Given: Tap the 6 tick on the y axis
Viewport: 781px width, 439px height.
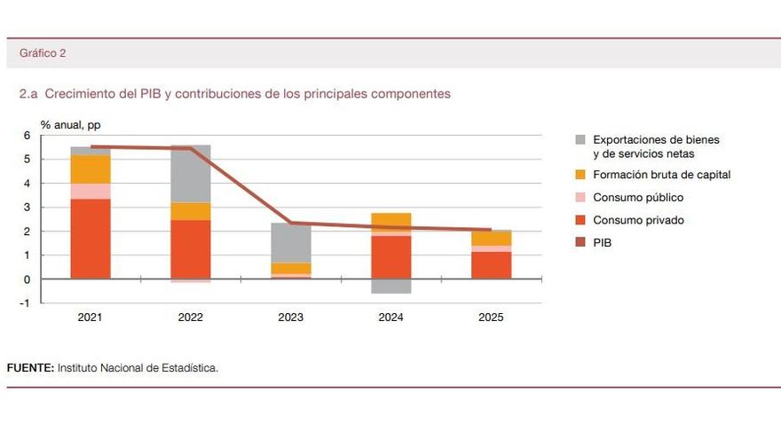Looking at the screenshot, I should coord(27,136).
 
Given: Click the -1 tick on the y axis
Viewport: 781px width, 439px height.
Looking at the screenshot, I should coord(25,302).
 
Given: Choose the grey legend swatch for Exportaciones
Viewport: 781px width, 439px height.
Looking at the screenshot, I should coord(580,140).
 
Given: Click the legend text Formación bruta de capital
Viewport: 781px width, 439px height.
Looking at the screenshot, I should coord(661,175).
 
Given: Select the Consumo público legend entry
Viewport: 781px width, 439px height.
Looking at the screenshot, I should coord(637,198).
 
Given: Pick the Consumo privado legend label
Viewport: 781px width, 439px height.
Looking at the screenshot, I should coord(638,220).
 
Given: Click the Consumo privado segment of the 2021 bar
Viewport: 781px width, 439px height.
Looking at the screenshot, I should coord(90,239).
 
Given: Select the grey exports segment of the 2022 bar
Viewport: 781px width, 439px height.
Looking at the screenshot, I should coord(190,174).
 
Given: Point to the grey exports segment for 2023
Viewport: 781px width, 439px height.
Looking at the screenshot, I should coord(290,242).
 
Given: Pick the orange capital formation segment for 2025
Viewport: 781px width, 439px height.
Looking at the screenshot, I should coord(491,238).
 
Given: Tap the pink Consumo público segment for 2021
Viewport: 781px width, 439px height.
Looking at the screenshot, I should coord(90,191).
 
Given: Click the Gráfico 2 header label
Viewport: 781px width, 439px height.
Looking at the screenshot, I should coord(43,53).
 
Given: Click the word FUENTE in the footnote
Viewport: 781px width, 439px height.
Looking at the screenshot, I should coord(30,368).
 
